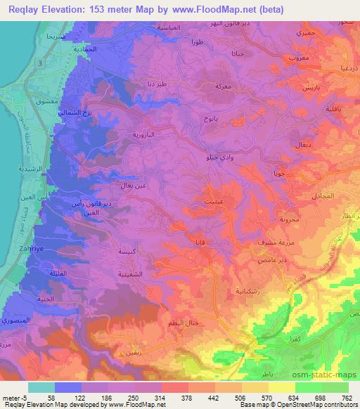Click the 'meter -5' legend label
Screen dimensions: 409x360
pos(15,397)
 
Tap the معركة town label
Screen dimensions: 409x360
pos(213,88)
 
